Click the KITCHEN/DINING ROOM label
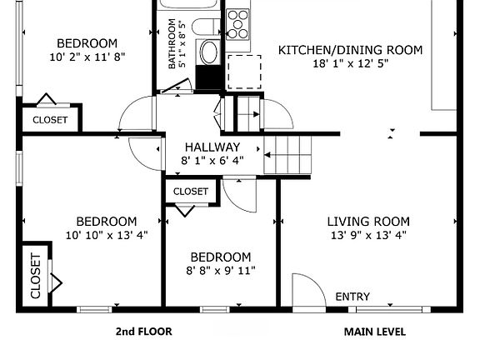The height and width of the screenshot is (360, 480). (x=349, y=50)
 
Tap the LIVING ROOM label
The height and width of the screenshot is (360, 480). (x=367, y=221)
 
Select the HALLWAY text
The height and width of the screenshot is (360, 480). (x=212, y=147)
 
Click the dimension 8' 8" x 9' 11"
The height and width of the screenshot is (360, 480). (x=220, y=270)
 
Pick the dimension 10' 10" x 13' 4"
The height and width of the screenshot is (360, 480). (x=106, y=234)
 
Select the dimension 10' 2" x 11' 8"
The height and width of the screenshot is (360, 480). (x=87, y=57)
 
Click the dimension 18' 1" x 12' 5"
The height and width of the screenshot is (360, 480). (x=349, y=63)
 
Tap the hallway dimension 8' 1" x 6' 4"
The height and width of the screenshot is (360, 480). (x=213, y=160)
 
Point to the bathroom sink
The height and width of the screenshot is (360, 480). (x=207, y=52)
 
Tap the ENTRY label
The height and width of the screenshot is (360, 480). (x=352, y=297)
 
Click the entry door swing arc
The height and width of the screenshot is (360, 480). (x=307, y=292)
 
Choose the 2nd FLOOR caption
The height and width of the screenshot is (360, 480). (x=143, y=332)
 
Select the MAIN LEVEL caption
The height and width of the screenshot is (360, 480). (x=375, y=332)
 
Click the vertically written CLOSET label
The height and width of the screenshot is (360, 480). (x=35, y=276)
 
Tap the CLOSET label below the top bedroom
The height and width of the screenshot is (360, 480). (x=50, y=120)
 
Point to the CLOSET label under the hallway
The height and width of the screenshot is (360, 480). (x=191, y=192)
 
